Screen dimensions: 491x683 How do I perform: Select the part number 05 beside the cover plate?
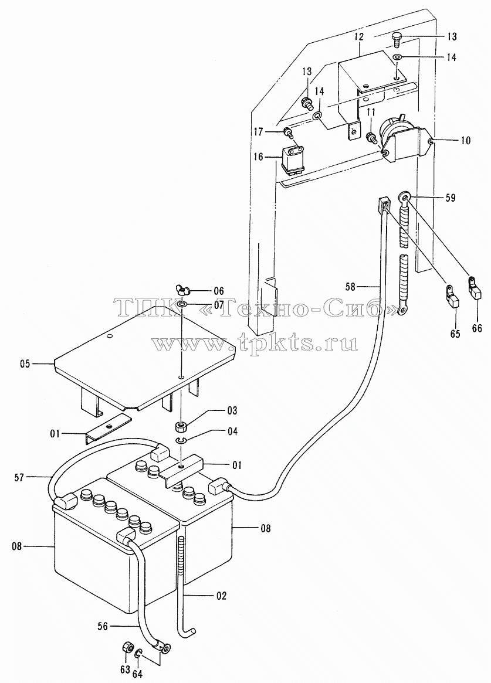(25, 363)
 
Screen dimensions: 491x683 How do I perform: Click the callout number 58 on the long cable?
(350, 287)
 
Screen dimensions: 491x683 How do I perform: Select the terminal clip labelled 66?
(475, 289)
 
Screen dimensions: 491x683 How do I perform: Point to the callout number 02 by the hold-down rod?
(221, 596)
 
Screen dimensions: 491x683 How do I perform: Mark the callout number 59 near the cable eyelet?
(451, 198)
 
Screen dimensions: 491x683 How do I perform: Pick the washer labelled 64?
(138, 653)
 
